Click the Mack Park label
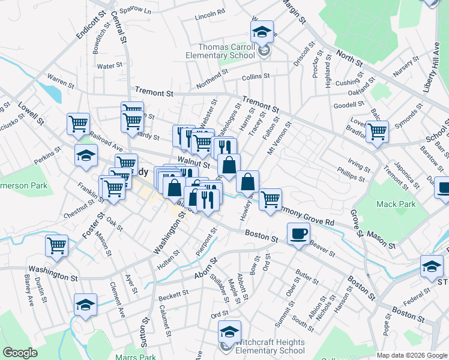396,204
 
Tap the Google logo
20,352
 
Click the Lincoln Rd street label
210,12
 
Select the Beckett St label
173,295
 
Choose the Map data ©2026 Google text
412,355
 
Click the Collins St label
256,77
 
